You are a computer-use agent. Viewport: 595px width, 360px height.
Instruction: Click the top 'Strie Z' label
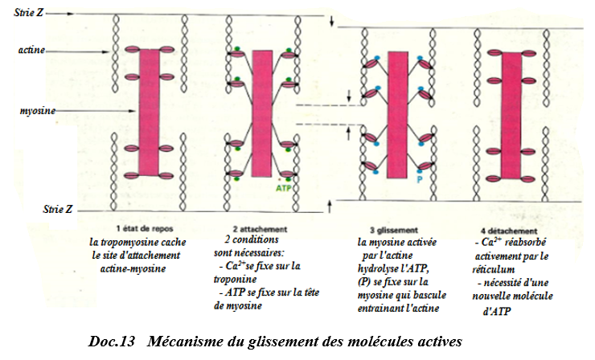(28, 13)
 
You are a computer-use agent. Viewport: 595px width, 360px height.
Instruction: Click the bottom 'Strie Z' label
(57, 209)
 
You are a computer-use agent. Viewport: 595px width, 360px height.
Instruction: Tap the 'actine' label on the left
(31, 50)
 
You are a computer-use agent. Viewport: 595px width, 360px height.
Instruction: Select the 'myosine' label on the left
(38, 111)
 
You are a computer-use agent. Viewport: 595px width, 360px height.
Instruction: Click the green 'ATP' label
(284, 187)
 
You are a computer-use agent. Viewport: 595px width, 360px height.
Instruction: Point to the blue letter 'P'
(420, 179)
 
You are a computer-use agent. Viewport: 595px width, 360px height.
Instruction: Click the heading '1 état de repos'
(145, 228)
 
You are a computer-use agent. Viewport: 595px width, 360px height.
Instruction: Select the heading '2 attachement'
(260, 229)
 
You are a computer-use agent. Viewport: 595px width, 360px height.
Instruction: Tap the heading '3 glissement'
(394, 230)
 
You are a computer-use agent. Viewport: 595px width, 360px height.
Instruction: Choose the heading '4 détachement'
(509, 231)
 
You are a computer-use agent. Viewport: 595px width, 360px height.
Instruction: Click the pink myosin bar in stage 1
(149, 112)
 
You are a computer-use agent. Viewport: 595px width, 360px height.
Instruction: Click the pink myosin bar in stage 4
(511, 116)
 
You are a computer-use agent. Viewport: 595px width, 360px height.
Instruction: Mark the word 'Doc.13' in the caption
(112, 341)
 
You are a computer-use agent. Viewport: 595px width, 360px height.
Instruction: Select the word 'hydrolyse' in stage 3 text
(376, 268)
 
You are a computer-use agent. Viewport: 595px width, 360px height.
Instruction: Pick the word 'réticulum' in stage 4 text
(494, 269)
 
